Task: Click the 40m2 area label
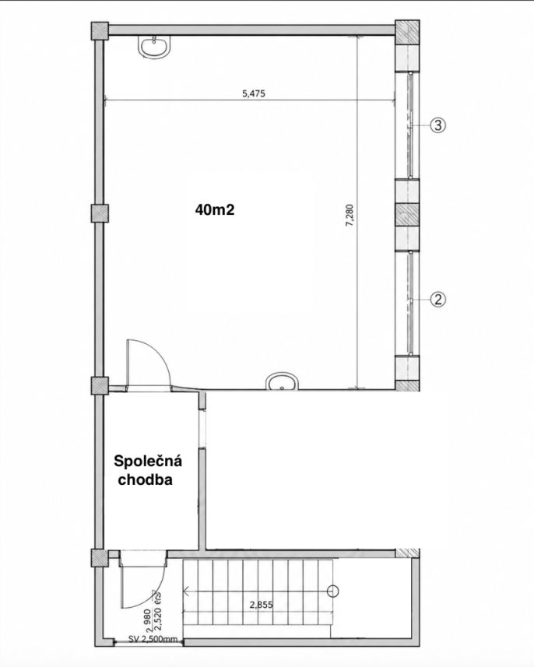[215, 209]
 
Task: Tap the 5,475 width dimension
[254, 93]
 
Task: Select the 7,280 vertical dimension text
[350, 216]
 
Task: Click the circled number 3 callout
[438, 125]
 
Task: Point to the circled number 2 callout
[438, 299]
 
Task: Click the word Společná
[148, 461]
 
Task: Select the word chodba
[145, 480]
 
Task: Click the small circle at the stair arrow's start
[332, 592]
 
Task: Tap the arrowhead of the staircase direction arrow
[185, 592]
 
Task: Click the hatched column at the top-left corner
[100, 30]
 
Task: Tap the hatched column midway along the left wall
[100, 213]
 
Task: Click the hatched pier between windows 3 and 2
[407, 214]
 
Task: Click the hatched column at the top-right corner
[408, 33]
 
